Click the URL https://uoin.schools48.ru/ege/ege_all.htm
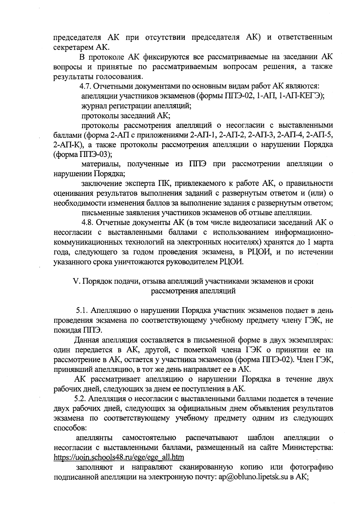119,457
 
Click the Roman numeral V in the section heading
76,281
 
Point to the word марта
323,242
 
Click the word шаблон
261,437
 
